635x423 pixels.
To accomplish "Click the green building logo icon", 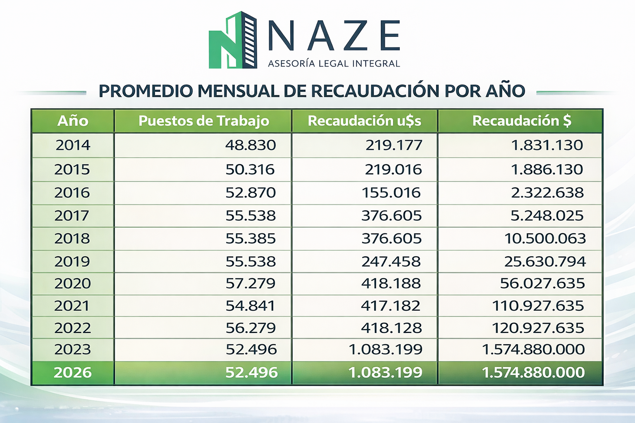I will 233,40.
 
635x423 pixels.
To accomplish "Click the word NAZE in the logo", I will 334,36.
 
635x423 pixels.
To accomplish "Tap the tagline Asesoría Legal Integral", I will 334,64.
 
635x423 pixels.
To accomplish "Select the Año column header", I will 73,121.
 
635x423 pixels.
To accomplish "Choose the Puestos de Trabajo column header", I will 203,121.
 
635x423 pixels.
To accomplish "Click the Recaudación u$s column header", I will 364,121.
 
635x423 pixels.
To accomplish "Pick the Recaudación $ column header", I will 521,121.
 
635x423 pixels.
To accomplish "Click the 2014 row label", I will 73,145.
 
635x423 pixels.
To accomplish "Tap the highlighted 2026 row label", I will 73,373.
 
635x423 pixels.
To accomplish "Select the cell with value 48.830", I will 251,145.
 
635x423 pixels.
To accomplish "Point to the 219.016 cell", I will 393,169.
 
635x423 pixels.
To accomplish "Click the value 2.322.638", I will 547,192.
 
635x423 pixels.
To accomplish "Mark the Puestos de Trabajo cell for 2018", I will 251,238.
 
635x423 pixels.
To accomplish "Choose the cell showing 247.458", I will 391,261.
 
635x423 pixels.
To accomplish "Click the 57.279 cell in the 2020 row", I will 251,283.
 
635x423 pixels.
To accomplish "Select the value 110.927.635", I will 538,306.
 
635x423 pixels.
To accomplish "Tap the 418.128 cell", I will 392,328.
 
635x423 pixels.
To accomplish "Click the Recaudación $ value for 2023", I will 533,349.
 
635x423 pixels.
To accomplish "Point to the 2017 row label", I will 72,216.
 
